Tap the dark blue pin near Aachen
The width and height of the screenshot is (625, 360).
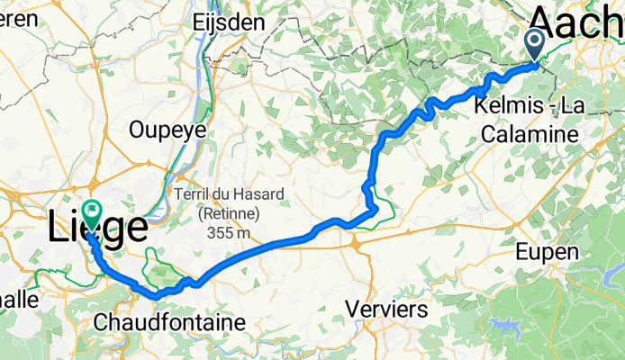534,41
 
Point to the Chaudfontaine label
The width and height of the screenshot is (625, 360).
170,322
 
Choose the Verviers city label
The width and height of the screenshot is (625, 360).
386,309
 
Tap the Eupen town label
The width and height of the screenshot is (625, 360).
547,254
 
